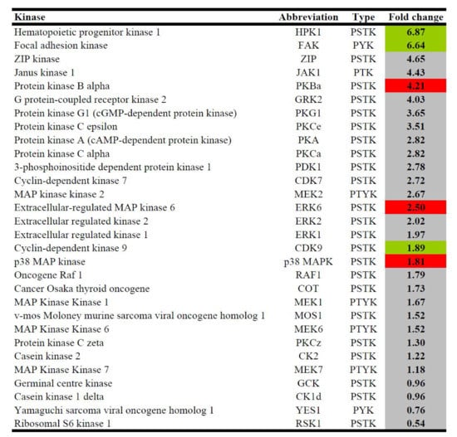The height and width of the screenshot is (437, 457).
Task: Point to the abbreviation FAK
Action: [x=308, y=46]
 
